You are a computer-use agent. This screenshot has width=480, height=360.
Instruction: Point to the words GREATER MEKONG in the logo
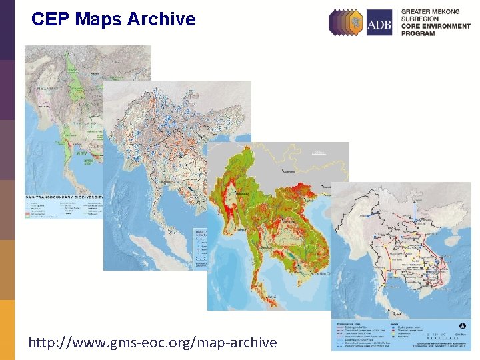click(430, 12)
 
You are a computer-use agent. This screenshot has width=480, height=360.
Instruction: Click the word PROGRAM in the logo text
click(418, 33)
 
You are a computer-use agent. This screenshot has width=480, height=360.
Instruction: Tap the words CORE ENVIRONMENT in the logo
click(434, 26)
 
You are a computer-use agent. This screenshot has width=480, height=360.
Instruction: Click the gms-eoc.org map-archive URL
click(152, 343)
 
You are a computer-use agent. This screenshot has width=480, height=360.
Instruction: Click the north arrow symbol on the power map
click(461, 326)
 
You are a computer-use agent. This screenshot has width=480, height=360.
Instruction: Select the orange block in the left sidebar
click(7, 330)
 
